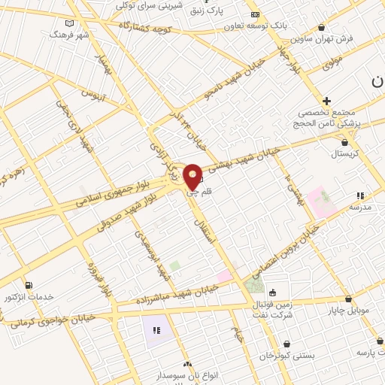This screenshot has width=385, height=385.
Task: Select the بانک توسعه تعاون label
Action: [x=256, y=26]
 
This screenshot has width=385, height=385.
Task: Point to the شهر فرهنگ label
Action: [x=69, y=35]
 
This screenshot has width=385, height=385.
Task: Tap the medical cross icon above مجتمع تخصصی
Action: [x=326, y=100]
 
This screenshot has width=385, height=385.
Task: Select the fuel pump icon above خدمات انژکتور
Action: [x=29, y=285]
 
